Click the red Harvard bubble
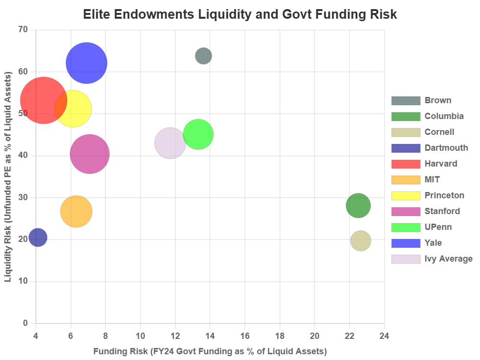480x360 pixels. (41, 100)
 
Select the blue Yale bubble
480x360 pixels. (86, 63)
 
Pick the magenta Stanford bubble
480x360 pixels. (90, 154)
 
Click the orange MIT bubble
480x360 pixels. (76, 211)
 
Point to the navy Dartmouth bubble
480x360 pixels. (38, 237)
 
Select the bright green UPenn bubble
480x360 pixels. (198, 134)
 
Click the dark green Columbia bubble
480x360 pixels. (358, 206)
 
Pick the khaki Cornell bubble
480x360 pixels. (361, 240)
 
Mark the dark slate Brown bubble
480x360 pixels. (203, 56)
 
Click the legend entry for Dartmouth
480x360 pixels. (446, 148)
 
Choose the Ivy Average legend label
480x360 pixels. (448, 259)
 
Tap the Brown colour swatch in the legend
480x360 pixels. (406, 101)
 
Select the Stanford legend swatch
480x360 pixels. (406, 211)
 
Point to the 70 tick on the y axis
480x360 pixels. (23, 29)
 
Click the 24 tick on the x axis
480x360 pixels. (384, 336)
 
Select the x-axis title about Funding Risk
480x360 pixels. (210, 351)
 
